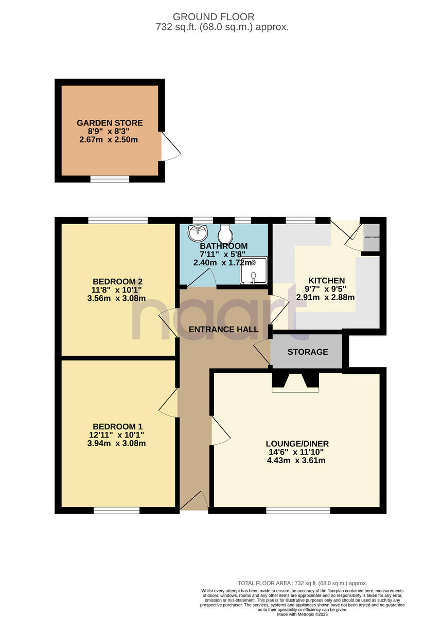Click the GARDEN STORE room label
click(x=110, y=123)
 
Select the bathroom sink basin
click(x=197, y=233)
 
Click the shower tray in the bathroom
click(x=254, y=270)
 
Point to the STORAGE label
click(x=308, y=352)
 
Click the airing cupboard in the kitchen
click(x=371, y=238)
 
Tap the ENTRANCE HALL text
click(x=223, y=329)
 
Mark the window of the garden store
click(x=110, y=179)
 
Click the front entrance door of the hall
click(x=195, y=501)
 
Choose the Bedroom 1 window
click(x=116, y=510)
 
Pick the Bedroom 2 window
click(x=117, y=221)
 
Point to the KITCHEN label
click(x=326, y=280)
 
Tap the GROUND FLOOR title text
click(x=221, y=17)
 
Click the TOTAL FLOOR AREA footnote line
click(x=302, y=583)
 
